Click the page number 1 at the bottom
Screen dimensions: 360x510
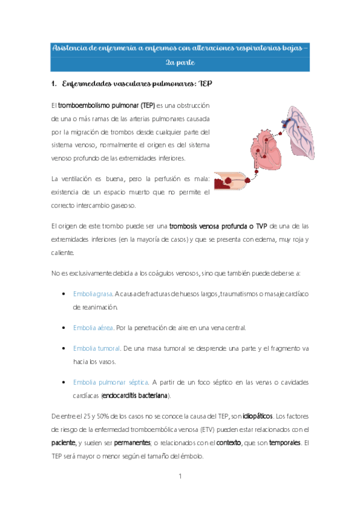pos(180,476)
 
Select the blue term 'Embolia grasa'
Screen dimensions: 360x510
pos(93,293)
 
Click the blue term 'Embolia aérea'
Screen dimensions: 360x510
pos(93,327)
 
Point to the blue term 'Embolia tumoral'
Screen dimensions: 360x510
pos(96,348)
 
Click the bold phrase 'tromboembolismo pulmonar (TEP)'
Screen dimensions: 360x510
pos(107,105)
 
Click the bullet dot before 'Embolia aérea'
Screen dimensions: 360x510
pos(64,328)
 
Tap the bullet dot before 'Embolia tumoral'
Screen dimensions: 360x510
pos(64,349)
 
